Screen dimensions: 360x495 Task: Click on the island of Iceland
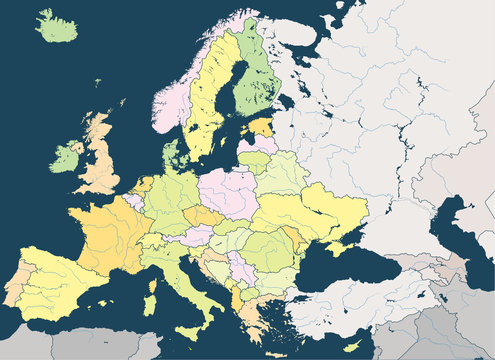(x=57, y=27)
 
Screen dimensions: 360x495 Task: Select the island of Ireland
(x=68, y=156)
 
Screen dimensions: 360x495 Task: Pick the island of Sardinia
(x=152, y=297)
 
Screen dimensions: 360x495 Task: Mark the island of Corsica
(x=154, y=269)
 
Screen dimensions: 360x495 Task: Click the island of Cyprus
(x=351, y=345)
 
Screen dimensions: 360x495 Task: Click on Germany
(x=171, y=200)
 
